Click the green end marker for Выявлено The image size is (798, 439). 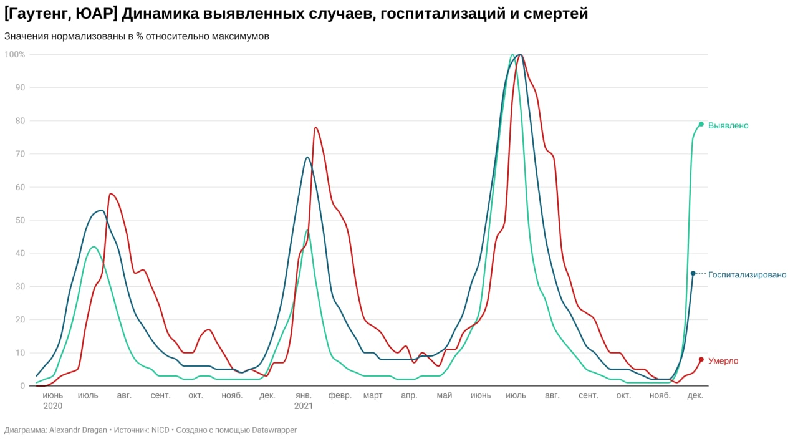701,124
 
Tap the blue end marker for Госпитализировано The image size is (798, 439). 693,273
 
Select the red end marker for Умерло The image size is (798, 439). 701,359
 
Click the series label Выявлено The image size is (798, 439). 728,125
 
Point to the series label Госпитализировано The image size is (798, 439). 747,274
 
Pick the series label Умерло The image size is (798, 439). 723,360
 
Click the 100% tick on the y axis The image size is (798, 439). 15,54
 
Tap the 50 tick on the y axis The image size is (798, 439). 20,220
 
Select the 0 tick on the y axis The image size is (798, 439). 22,386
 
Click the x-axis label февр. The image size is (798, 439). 340,395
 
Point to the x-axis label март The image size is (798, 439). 373,395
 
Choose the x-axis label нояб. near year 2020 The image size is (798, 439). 232,395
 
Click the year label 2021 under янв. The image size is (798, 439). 303,406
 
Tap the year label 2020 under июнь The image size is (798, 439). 53,406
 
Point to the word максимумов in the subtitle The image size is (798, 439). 241,36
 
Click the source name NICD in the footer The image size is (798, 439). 160,430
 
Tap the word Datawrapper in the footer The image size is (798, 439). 274,430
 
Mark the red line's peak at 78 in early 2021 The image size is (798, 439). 315,127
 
